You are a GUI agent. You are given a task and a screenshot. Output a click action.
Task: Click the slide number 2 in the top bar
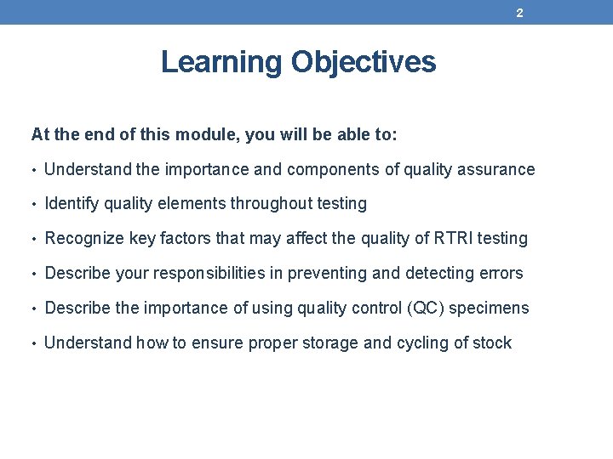[x=518, y=14]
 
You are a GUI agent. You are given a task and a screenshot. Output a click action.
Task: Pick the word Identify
[x=71, y=204]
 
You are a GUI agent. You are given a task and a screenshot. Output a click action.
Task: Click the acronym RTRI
[x=453, y=239]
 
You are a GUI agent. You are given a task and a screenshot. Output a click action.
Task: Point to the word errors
[x=502, y=273]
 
